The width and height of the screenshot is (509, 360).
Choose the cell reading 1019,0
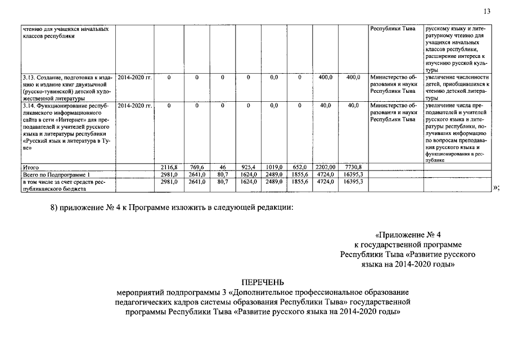click(274, 167)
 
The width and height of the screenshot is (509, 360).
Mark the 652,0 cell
click(299, 167)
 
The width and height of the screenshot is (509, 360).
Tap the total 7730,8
click(353, 167)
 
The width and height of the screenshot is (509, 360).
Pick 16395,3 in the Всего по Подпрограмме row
click(353, 174)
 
